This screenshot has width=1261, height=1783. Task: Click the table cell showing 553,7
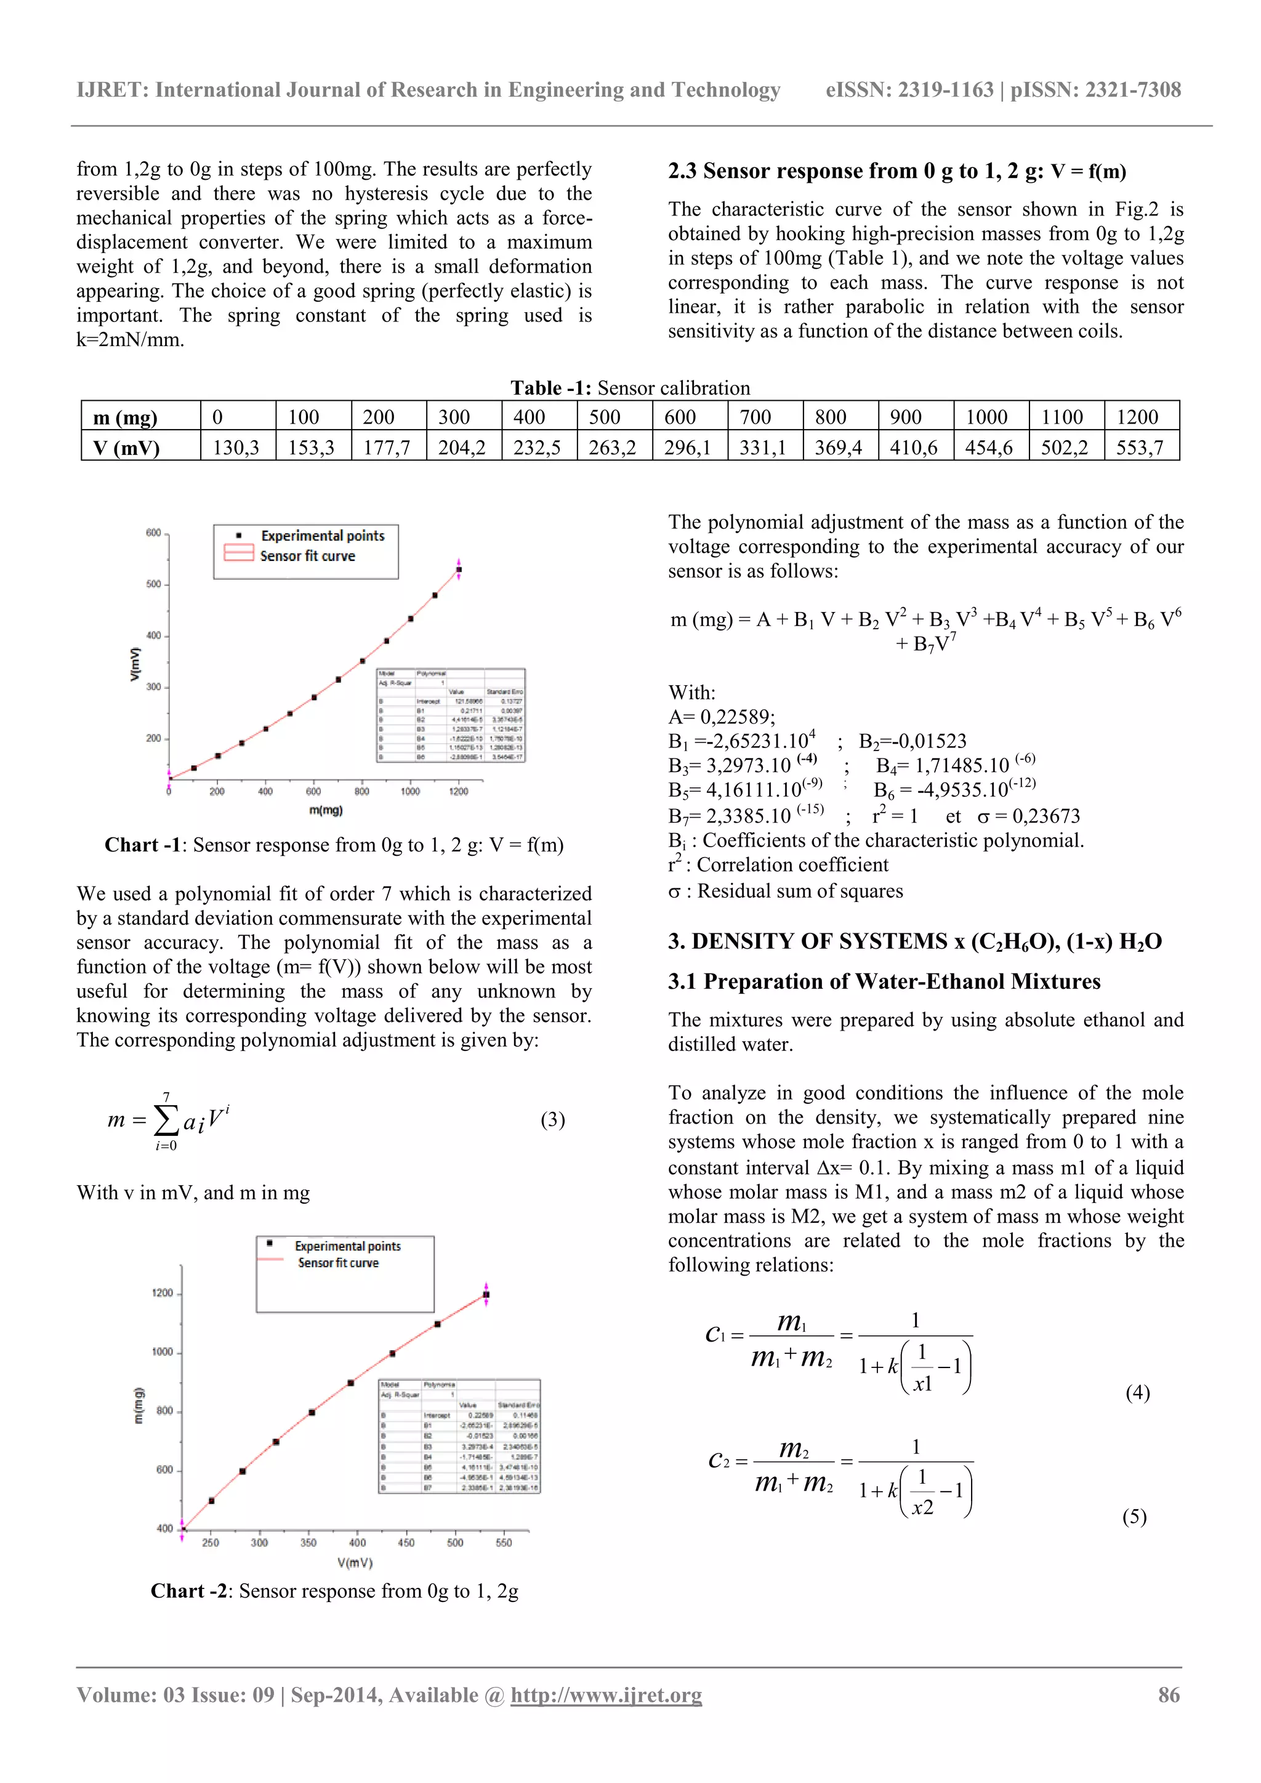1139,448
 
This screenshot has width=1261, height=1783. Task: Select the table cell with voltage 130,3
235,448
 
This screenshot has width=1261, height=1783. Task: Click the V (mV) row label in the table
127,448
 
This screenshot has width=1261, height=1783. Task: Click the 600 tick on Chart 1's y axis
153,533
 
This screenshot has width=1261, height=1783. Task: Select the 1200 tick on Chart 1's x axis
458,791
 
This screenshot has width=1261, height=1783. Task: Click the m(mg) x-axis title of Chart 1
325,810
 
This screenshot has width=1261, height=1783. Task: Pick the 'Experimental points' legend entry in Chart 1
322,536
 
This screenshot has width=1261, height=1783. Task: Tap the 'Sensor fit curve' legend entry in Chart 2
338,1263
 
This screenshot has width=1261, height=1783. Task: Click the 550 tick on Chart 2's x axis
503,1543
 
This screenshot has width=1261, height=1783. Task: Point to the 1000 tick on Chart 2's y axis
163,1352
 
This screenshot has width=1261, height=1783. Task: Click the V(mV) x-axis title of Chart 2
355,1563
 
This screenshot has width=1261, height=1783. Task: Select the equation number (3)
552,1119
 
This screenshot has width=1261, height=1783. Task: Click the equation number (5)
1134,1516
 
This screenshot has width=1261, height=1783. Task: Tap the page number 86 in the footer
1169,1694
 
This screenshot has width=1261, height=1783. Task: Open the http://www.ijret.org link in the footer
606,1694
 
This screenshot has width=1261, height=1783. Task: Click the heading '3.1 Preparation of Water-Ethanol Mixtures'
884,981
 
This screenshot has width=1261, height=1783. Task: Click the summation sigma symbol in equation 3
166,1120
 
